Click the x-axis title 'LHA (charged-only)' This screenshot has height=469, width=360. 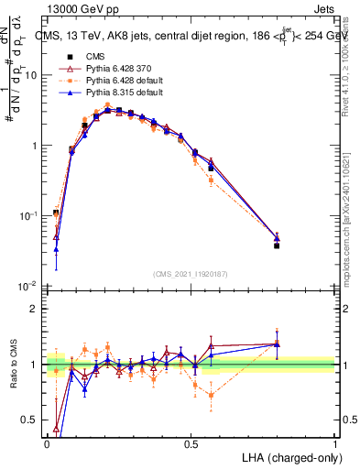click(x=285, y=455)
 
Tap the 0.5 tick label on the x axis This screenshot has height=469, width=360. click(x=191, y=442)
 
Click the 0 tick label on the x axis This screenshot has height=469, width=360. click(x=47, y=442)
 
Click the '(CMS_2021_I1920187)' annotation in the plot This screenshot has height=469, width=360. click(x=191, y=272)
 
